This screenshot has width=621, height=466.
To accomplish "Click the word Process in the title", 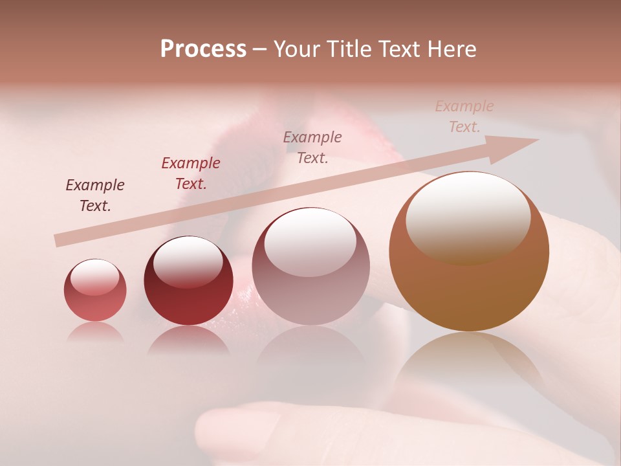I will [203, 49].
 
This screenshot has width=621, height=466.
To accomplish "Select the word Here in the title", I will [451, 49].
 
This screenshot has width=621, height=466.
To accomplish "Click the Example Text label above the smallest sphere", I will [95, 195].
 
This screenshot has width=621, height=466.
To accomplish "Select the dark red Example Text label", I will [191, 173].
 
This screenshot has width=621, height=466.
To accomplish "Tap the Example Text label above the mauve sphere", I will [312, 147].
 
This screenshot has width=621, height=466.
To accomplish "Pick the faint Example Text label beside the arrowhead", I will [464, 116].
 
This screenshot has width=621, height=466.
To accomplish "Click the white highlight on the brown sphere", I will [468, 217].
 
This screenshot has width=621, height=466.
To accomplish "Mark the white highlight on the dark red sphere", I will [188, 261].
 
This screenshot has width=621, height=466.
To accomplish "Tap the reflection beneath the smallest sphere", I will [95, 331].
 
